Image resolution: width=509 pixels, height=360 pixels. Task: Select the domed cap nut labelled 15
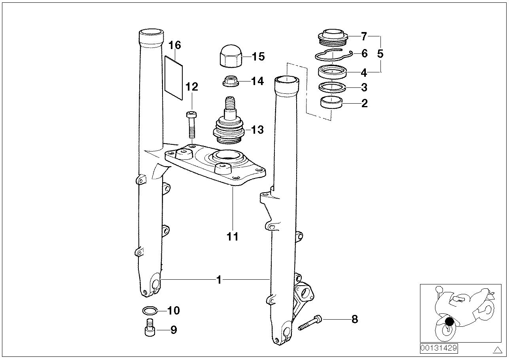231,56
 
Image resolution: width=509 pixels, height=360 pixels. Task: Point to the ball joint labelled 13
228,123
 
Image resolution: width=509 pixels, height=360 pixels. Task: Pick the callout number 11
233,237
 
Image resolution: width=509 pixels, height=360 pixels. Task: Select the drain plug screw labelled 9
149,328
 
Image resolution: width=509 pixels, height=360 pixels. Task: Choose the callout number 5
380,54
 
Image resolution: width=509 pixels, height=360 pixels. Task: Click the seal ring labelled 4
333,72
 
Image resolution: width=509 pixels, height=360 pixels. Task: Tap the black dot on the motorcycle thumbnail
449,321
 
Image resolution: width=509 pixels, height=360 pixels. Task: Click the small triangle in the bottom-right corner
497,350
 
